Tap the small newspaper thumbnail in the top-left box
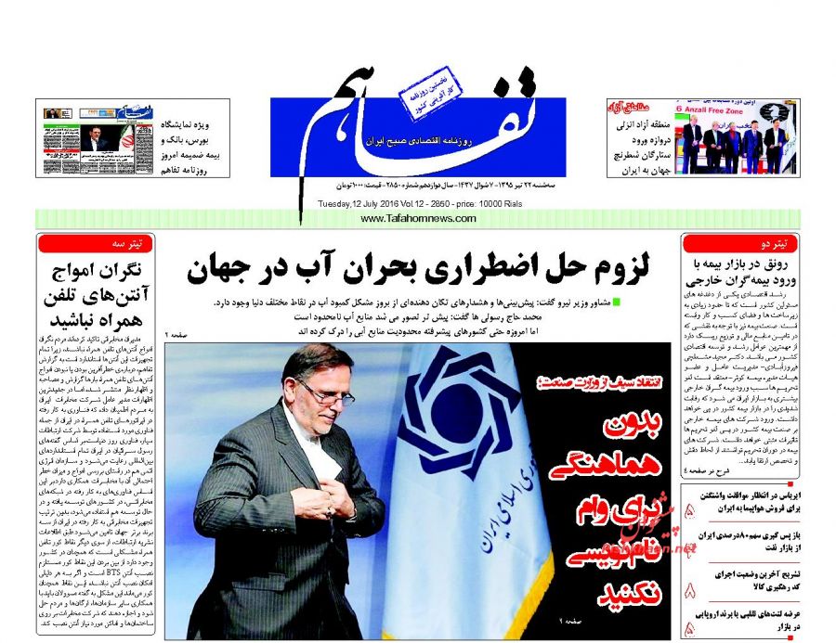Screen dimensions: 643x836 tap(89, 138)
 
